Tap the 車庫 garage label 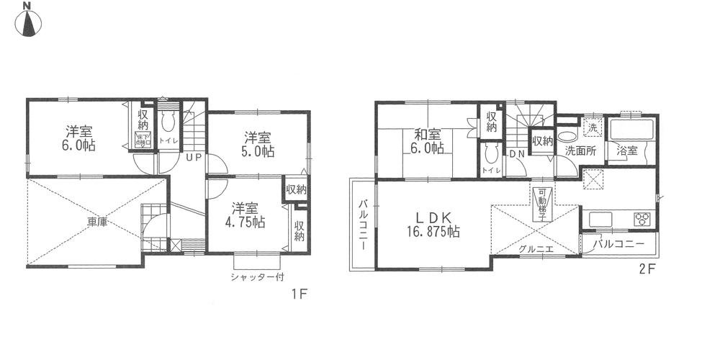pos(97,222)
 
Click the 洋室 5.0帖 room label pos(256,144)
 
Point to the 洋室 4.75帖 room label pos(247,213)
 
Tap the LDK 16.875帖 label pos(431,224)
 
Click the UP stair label pos(193,157)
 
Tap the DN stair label pos(516,153)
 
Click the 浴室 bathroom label pos(626,151)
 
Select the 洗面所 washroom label pos(579,151)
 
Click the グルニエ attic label pos(534,249)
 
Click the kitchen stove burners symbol pos(642,218)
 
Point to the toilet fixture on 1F pos(168,120)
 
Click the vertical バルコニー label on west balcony pos(362,225)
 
